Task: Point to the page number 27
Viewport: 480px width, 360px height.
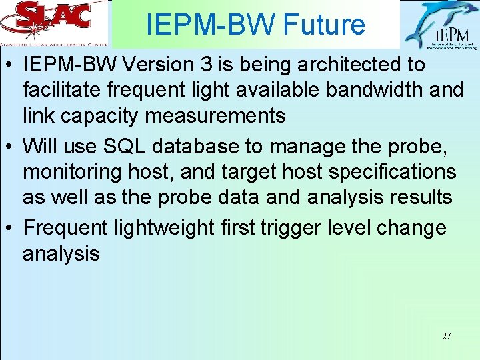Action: (x=446, y=336)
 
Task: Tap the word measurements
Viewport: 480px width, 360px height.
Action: (x=215, y=116)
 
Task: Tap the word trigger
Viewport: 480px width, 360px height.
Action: (x=291, y=227)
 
